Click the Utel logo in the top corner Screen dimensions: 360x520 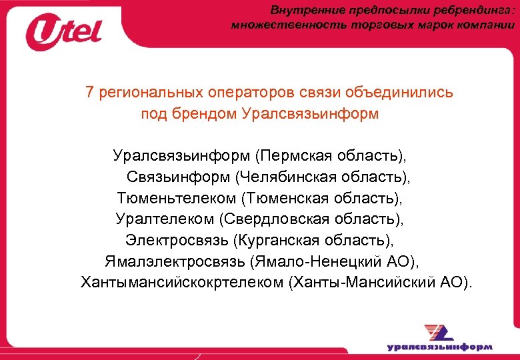tap(64, 32)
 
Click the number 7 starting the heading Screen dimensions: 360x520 tap(89, 93)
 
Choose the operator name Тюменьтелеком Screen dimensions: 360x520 tap(176, 198)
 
